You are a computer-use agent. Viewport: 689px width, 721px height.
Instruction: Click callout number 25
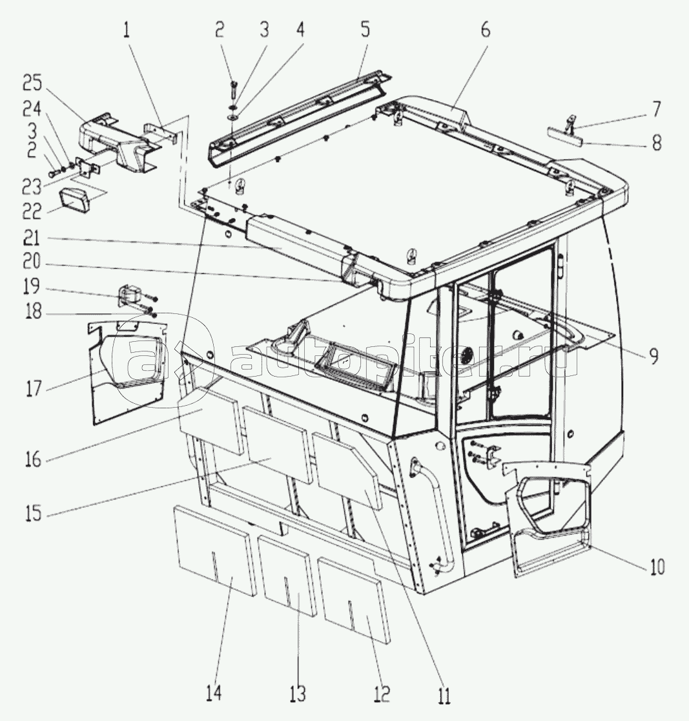pos(32,83)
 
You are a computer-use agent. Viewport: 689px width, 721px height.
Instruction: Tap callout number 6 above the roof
pos(486,30)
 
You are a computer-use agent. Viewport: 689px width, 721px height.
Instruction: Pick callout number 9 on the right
pos(653,357)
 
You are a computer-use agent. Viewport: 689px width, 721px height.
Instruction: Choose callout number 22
pos(33,211)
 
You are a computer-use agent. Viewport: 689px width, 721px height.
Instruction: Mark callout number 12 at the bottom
pos(382,693)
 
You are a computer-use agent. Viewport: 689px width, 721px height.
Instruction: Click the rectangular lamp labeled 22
pos(74,202)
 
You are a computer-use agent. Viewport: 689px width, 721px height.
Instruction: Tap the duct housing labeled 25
pos(118,143)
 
